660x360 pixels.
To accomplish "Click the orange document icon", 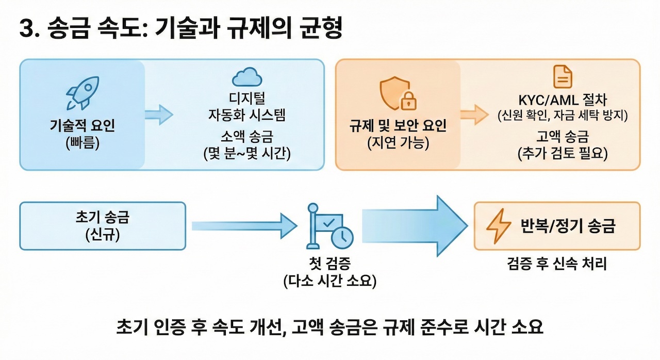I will click(x=562, y=77).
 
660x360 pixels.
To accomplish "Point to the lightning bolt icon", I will click(x=499, y=226).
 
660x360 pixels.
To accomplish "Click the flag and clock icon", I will click(x=329, y=227).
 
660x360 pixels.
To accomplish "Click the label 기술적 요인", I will click(x=82, y=125).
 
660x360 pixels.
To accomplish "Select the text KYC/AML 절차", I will click(x=562, y=98).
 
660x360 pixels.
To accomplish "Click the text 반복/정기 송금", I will click(x=567, y=226).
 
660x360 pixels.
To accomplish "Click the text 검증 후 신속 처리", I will click(x=557, y=264).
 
